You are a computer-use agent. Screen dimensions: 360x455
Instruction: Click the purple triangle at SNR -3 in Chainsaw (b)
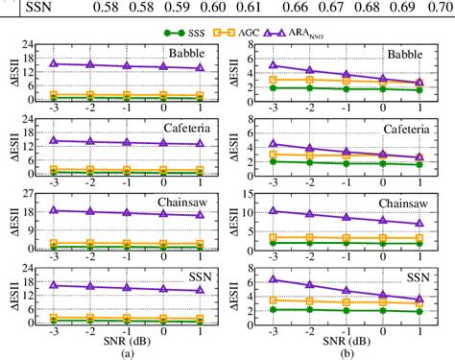(274, 210)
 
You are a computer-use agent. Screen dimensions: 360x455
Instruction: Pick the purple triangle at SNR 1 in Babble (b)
(419, 83)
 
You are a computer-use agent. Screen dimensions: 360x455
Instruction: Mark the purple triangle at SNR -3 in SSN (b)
(274, 279)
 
